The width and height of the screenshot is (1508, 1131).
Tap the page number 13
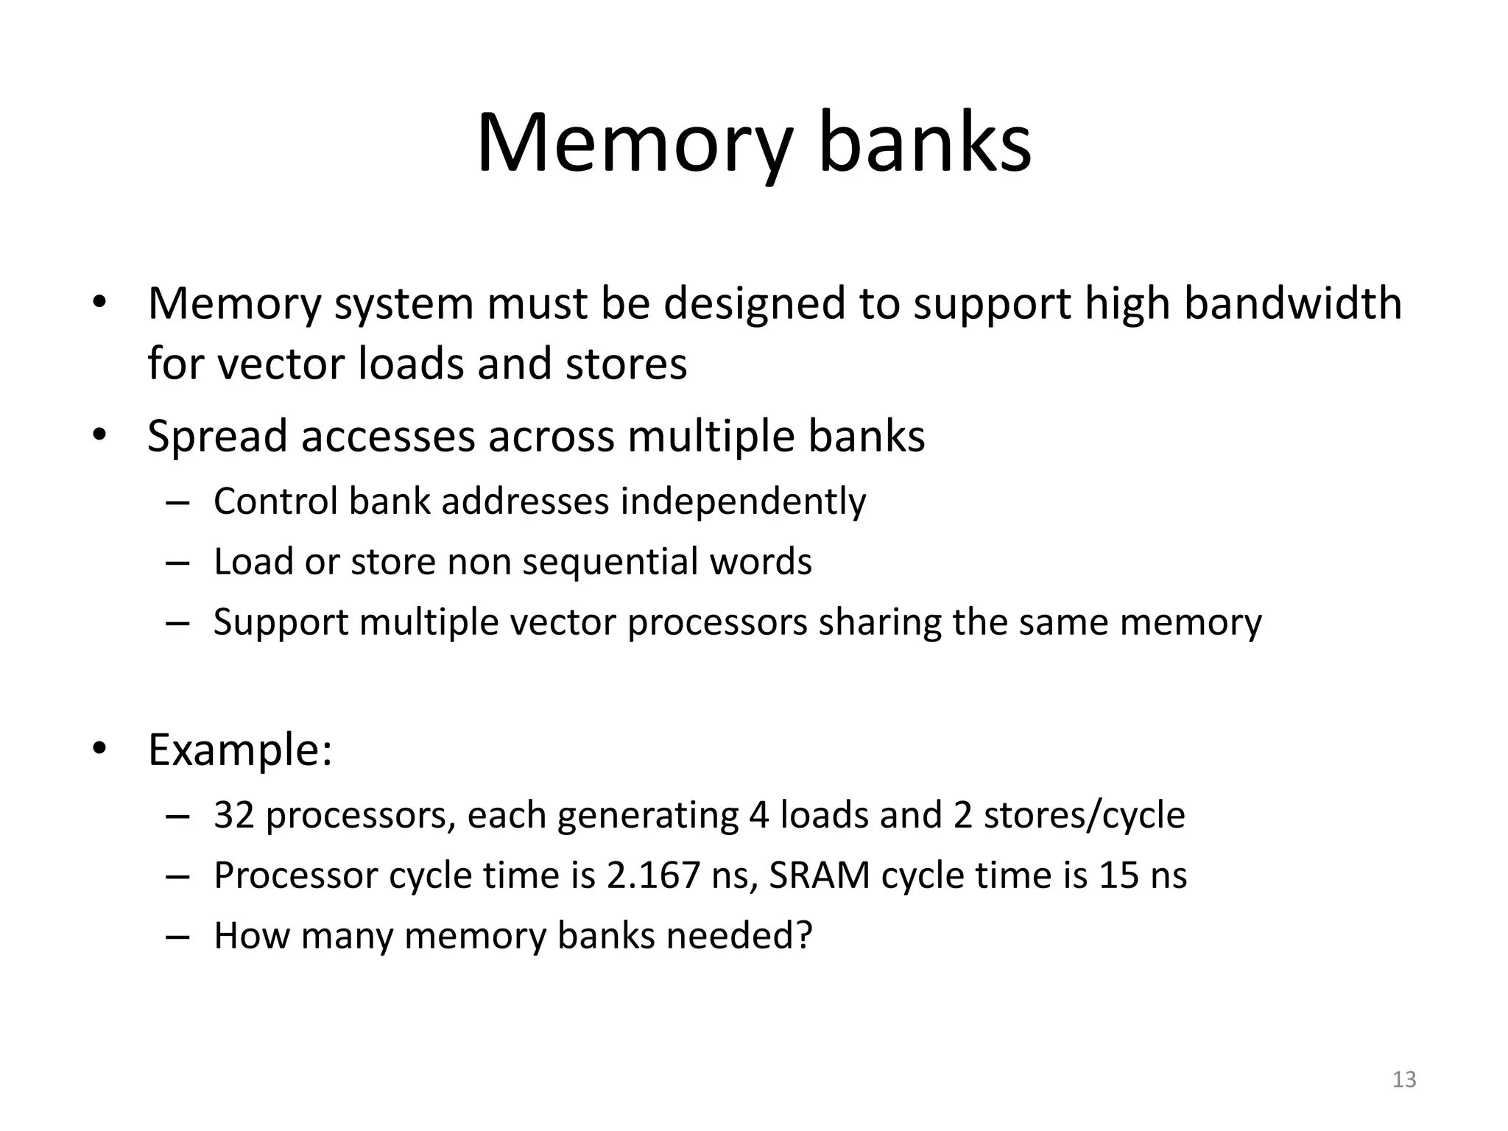1404,1079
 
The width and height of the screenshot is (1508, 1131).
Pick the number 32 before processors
233,815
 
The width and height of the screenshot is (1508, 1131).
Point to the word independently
743,502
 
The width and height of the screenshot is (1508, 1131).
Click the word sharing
880,622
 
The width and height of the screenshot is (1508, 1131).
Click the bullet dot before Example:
100,749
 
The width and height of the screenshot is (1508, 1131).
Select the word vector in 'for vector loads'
281,364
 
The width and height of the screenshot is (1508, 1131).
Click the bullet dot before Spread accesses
100,435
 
